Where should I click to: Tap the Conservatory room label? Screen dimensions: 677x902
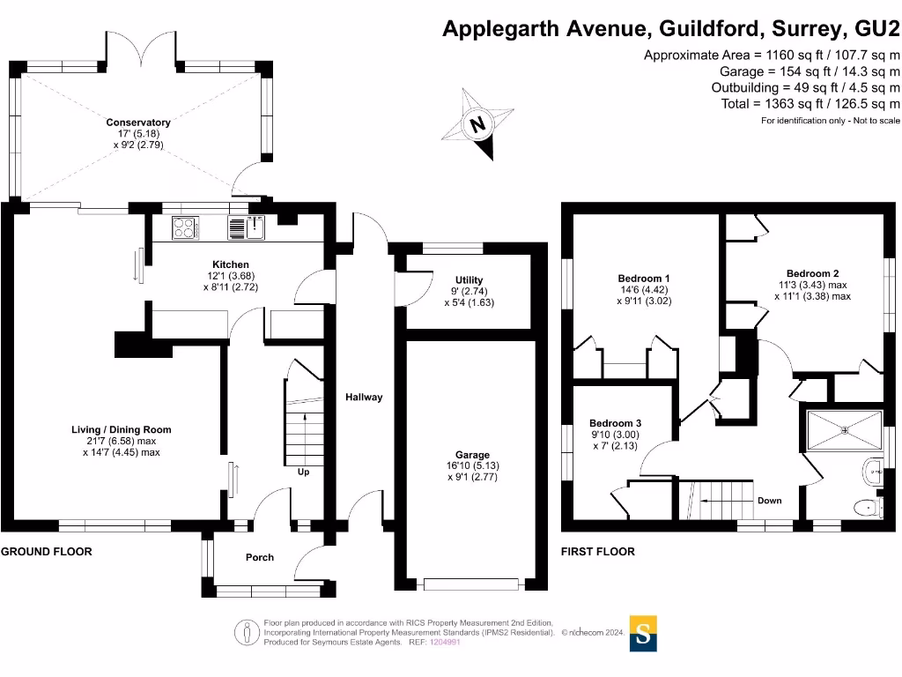pos(138,123)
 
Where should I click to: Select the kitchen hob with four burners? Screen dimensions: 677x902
pos(185,228)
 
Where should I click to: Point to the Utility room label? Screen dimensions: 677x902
pos(469,279)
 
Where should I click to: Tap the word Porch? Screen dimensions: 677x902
pos(259,557)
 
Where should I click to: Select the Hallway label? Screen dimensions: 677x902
pos(364,398)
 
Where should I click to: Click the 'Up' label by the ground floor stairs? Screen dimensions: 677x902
pos(304,472)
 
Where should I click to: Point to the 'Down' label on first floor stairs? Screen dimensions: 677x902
pos(769,501)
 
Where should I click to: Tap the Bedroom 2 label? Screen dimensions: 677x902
pos(812,273)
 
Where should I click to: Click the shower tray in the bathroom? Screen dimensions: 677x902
pos(845,430)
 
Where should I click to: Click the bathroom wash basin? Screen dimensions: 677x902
pos(875,470)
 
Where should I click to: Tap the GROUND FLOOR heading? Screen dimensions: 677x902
pos(46,552)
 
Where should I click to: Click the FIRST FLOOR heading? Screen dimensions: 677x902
pos(597,552)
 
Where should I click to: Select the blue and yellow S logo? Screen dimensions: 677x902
pos(645,634)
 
